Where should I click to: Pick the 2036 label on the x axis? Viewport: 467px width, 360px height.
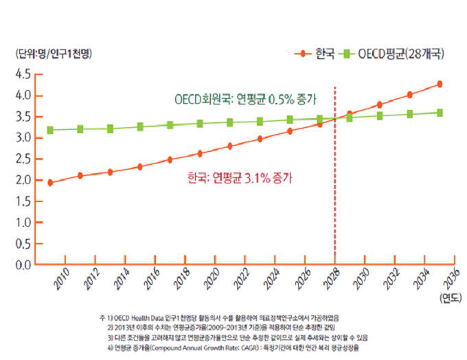(451, 280)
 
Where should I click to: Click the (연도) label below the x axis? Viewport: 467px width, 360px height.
(449, 297)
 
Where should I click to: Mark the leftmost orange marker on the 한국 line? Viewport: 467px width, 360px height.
(50, 183)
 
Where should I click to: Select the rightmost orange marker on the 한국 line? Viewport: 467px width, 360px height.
(440, 85)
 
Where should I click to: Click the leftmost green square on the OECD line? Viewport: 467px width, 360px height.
(50, 130)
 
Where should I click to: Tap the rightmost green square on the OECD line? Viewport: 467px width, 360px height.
(440, 113)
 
